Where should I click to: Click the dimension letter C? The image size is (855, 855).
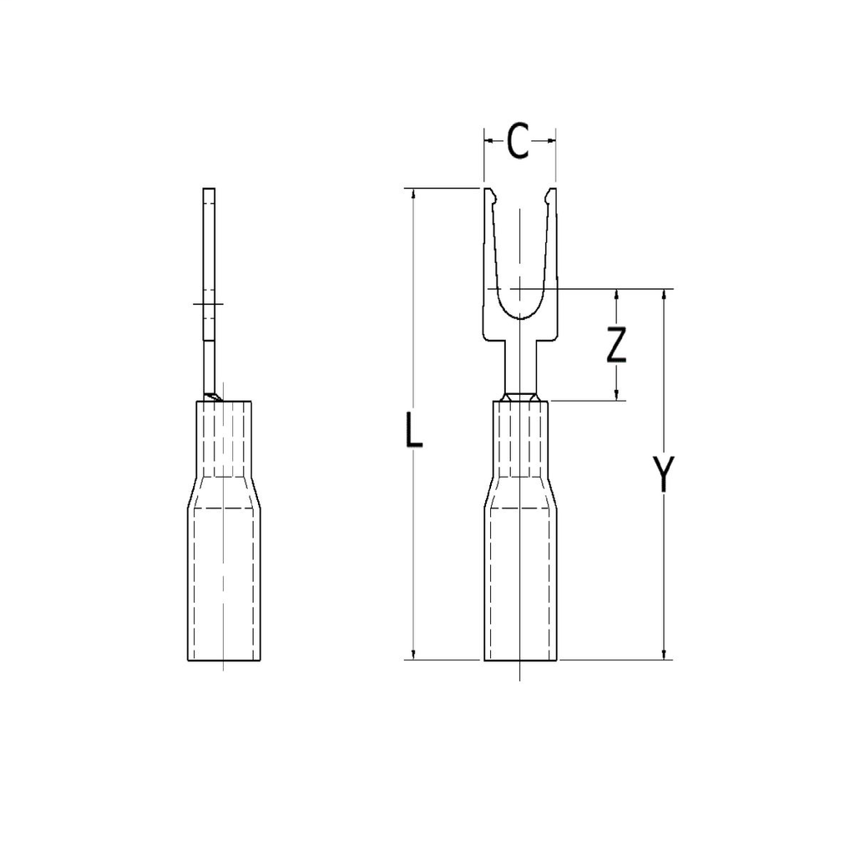[519, 142]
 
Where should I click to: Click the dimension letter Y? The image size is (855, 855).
[664, 473]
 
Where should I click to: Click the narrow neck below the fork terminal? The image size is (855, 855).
[519, 367]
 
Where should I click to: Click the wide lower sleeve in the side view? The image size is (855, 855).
[223, 584]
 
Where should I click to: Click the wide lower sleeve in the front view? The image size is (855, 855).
[519, 584]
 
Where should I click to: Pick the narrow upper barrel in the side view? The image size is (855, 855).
[223, 438]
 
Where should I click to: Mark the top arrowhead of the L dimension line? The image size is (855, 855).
[413, 195]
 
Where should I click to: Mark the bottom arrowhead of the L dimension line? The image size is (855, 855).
[413, 654]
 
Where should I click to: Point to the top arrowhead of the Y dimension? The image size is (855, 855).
[664, 296]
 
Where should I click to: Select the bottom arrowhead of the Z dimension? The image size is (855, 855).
[616, 394]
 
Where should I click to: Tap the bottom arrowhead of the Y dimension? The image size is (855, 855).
[664, 654]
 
